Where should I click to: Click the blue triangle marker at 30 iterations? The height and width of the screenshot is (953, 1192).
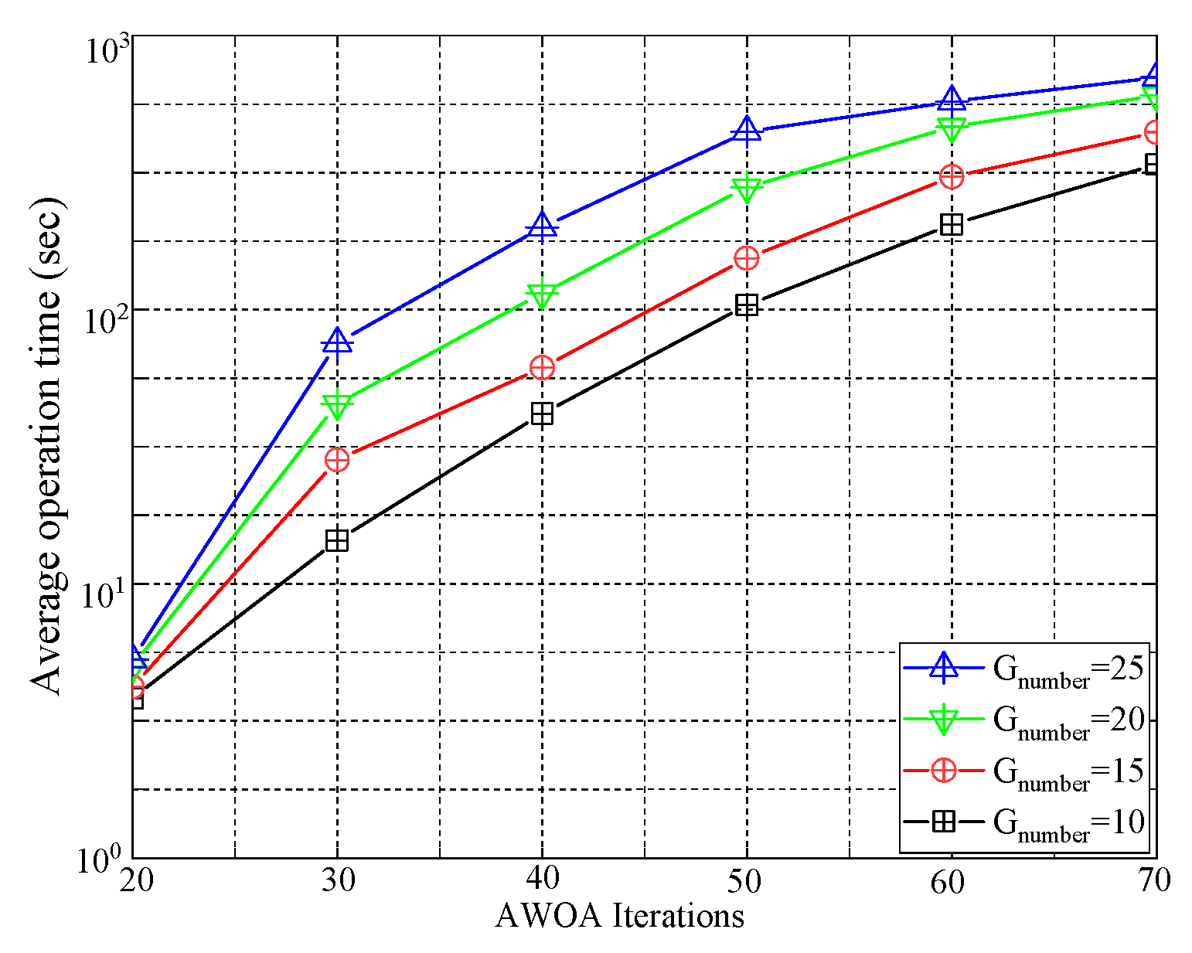(337, 341)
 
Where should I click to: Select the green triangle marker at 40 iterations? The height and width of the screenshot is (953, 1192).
(542, 294)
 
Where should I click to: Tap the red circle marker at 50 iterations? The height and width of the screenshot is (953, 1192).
(747, 257)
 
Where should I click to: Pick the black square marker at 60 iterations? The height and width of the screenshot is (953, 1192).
(952, 224)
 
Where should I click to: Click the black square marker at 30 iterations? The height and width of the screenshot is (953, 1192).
(337, 540)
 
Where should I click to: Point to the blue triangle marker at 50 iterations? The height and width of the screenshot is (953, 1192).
(747, 130)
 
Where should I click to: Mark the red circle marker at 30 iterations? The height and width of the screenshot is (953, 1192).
(337, 459)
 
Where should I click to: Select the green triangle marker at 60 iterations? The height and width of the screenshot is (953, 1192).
(952, 128)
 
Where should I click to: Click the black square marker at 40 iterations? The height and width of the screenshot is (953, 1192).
(542, 414)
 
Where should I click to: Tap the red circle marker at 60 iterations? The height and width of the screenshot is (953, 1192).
(952, 176)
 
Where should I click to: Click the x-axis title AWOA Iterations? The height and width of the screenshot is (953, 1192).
(619, 916)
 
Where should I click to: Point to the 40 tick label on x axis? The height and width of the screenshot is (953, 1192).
(542, 880)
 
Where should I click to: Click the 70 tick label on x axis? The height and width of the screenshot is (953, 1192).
(1154, 880)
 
